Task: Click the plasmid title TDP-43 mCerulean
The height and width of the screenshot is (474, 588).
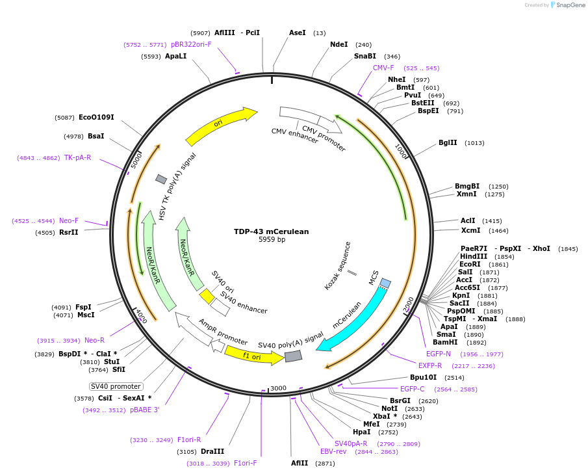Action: (272, 231)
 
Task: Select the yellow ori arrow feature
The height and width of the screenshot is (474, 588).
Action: (221, 124)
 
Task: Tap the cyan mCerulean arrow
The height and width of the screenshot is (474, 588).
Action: (354, 319)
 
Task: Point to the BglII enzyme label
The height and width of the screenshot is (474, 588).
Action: (448, 143)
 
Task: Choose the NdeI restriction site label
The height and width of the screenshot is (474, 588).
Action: (339, 45)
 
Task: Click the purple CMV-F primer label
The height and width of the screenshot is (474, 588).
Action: (383, 68)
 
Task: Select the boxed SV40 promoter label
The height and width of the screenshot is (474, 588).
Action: (116, 386)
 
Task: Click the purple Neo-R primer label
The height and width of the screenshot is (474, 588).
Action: (94, 340)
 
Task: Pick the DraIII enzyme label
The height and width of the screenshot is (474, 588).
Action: (212, 451)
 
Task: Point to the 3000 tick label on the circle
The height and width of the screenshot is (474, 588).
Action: (278, 388)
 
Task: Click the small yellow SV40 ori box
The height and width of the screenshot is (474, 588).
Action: (207, 296)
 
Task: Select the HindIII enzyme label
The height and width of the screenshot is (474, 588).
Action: (474, 256)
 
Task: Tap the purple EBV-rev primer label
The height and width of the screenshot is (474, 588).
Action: (333, 451)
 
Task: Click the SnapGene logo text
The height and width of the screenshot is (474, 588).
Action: (568, 5)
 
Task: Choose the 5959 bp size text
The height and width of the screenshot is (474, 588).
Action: (272, 240)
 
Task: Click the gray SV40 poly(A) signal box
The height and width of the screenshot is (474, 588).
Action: (293, 356)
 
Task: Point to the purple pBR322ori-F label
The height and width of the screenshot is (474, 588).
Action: (191, 44)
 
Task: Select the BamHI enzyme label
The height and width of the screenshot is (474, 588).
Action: (446, 342)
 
